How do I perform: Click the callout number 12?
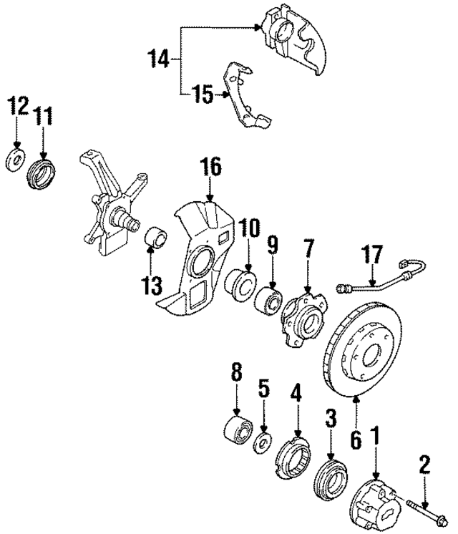(x=18, y=107)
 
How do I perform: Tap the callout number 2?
(x=425, y=467)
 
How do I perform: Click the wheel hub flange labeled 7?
(x=302, y=319)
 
